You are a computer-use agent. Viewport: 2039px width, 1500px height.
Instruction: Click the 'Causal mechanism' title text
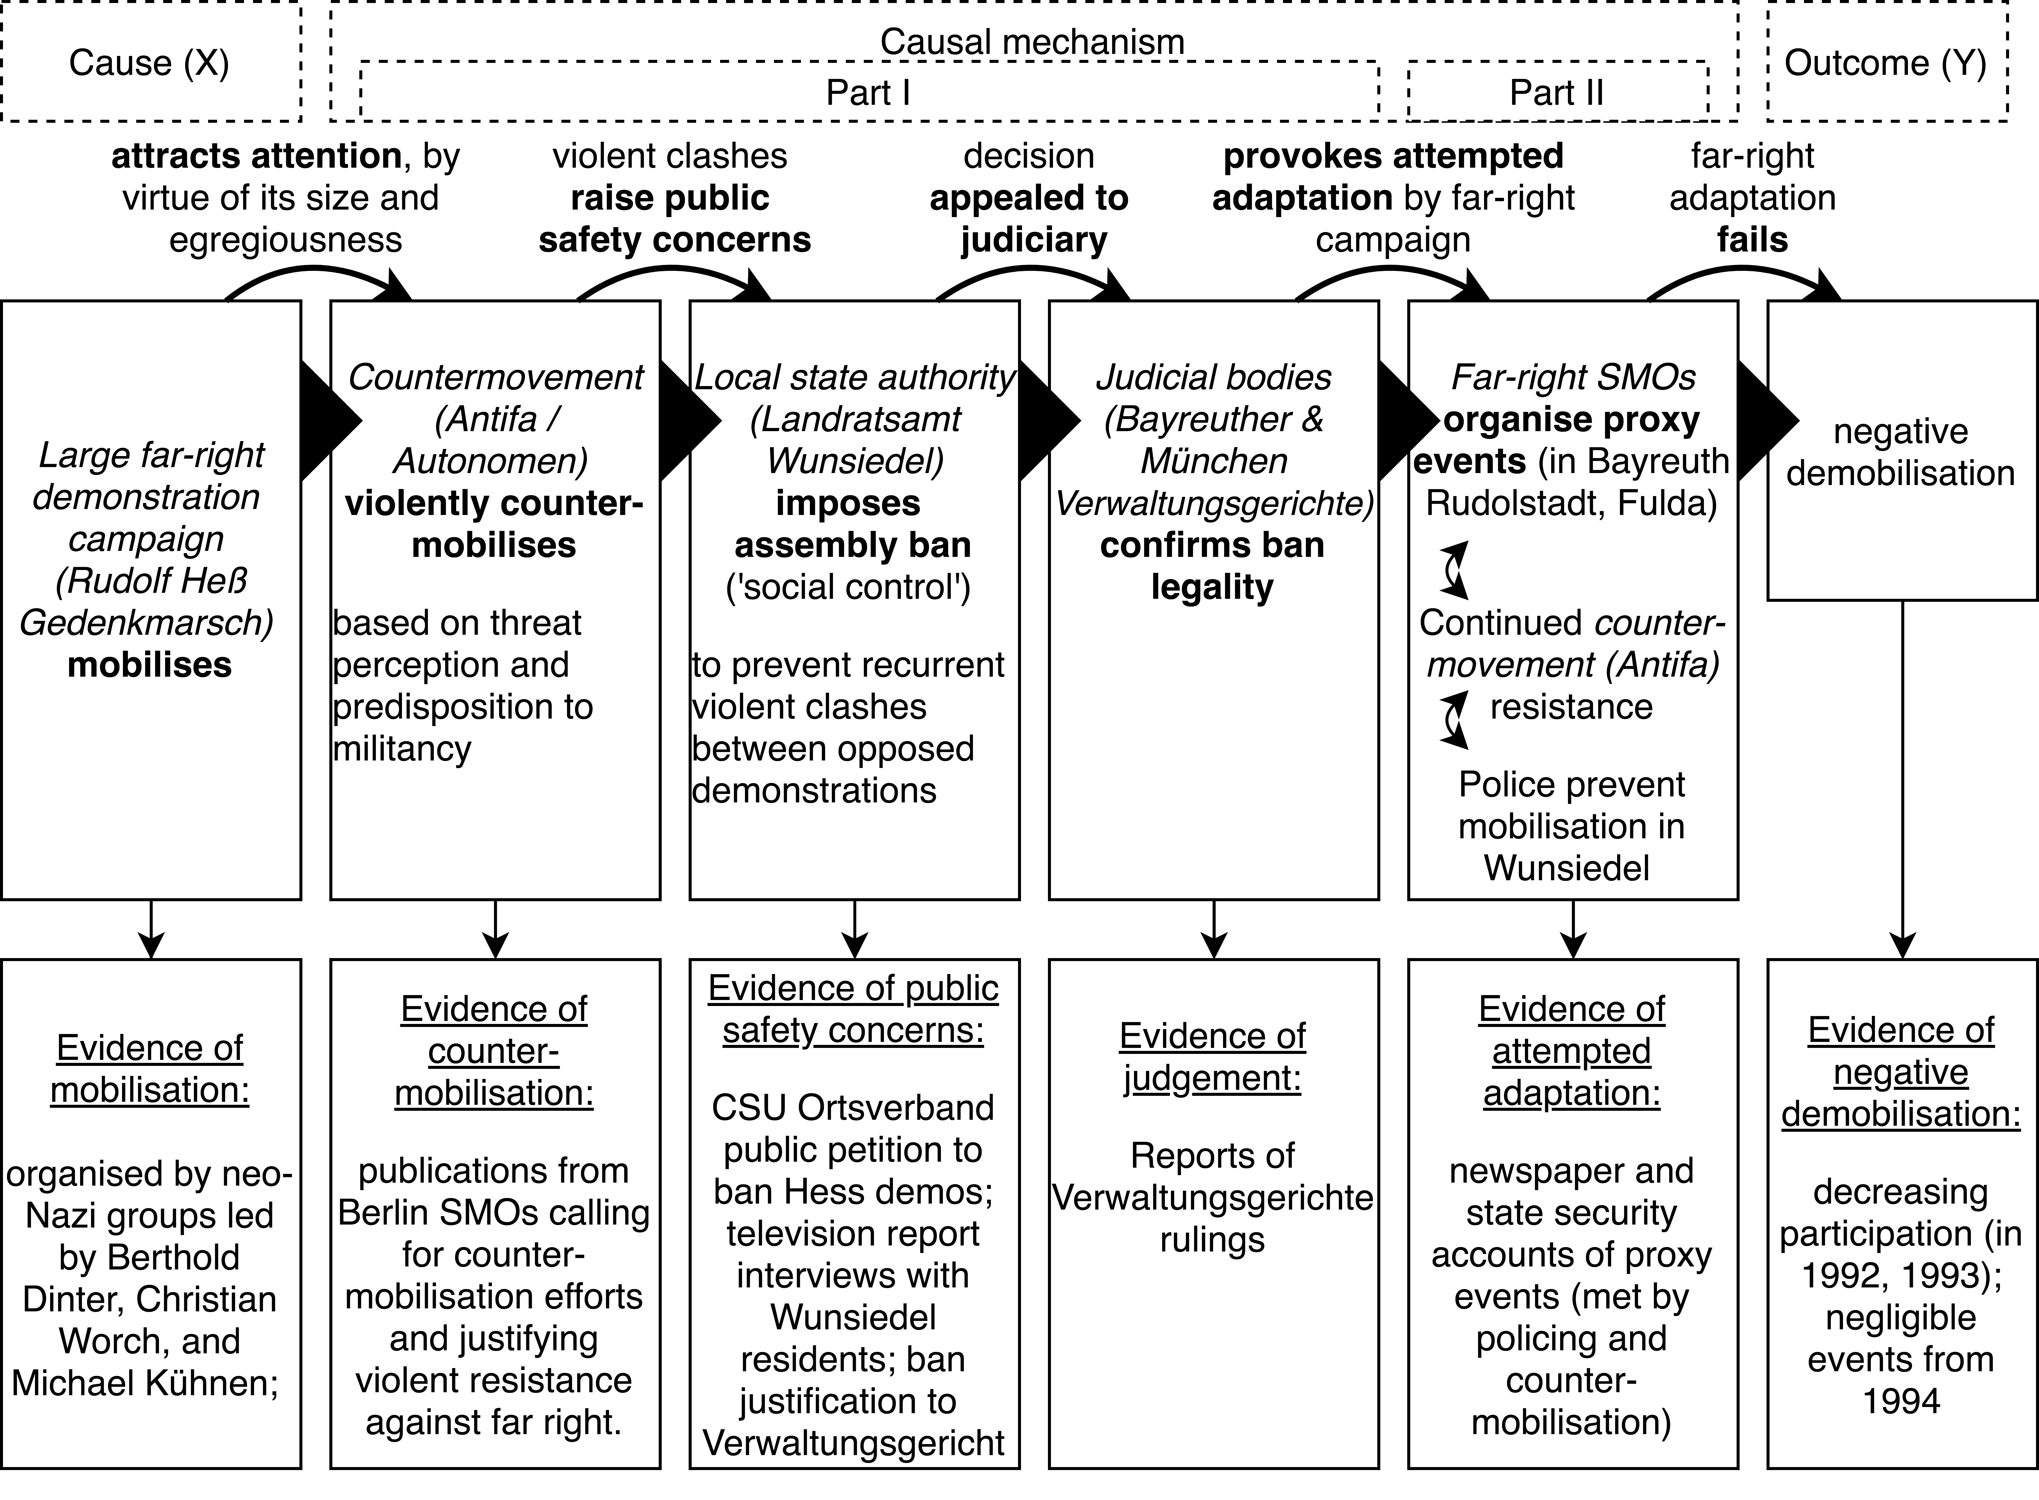click(1032, 42)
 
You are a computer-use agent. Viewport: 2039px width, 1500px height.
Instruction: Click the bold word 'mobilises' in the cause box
click(150, 665)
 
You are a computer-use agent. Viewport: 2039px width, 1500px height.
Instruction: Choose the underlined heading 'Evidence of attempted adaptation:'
click(1571, 1051)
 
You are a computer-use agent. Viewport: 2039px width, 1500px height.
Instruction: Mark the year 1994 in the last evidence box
click(1901, 1401)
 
